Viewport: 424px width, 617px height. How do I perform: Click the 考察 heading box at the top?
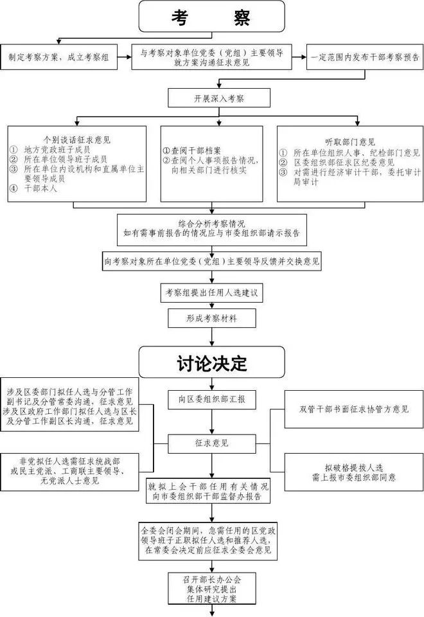coord(211,17)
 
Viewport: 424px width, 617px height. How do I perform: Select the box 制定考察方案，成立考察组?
coord(58,57)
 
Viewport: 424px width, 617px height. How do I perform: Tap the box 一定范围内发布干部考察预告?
coord(364,57)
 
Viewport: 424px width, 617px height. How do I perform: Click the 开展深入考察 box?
coord(211,98)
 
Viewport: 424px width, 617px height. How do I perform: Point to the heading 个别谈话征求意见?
coord(76,139)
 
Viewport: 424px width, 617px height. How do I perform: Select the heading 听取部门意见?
coord(350,142)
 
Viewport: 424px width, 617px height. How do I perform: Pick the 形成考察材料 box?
coord(211,317)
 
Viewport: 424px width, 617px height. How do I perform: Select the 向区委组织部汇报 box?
coord(211,399)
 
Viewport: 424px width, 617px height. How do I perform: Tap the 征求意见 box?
coord(211,443)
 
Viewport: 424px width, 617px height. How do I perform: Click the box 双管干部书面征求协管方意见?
coord(353,409)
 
